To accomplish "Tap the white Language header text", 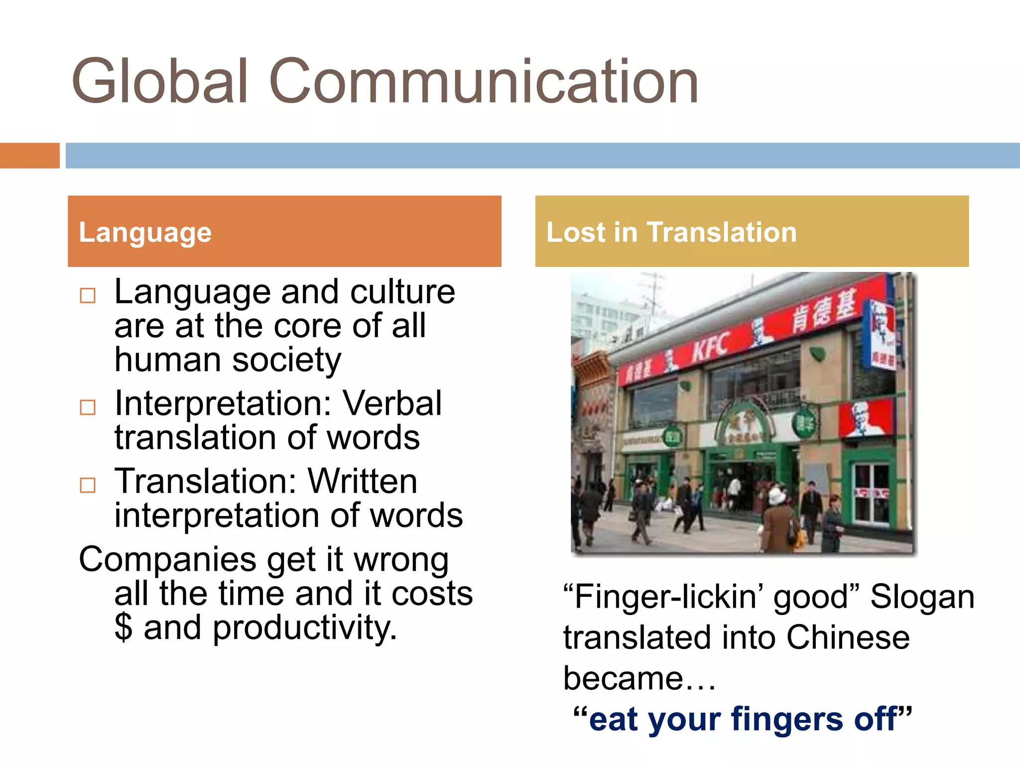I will [145, 232].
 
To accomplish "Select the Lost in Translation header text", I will [671, 232].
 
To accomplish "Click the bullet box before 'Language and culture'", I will [88, 296].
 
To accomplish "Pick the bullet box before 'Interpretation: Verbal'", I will [88, 407].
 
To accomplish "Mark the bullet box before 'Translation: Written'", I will [88, 485].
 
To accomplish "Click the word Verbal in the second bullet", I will [392, 403].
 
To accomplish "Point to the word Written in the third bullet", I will [363, 481].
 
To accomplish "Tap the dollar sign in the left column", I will [124, 627].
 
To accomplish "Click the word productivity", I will [305, 628].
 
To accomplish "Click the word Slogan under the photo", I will [922, 597].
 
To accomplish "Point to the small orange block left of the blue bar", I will [29, 155].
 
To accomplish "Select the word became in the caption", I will [623, 678].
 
